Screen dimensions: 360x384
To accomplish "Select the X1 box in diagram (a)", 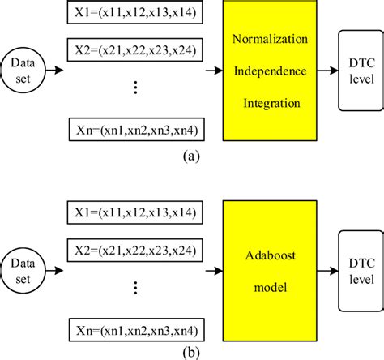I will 134,13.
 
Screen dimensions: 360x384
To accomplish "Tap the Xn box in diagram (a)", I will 134,130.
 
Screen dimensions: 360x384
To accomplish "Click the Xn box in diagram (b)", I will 134,331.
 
